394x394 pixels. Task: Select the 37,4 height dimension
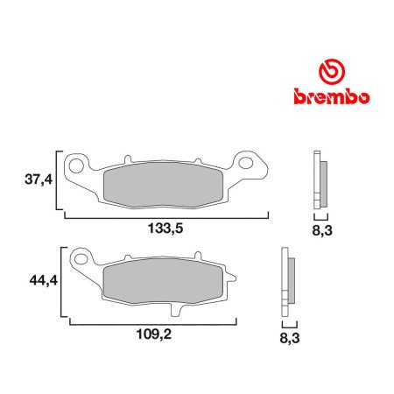(x=37, y=181)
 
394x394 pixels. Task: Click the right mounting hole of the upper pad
(x=248, y=163)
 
